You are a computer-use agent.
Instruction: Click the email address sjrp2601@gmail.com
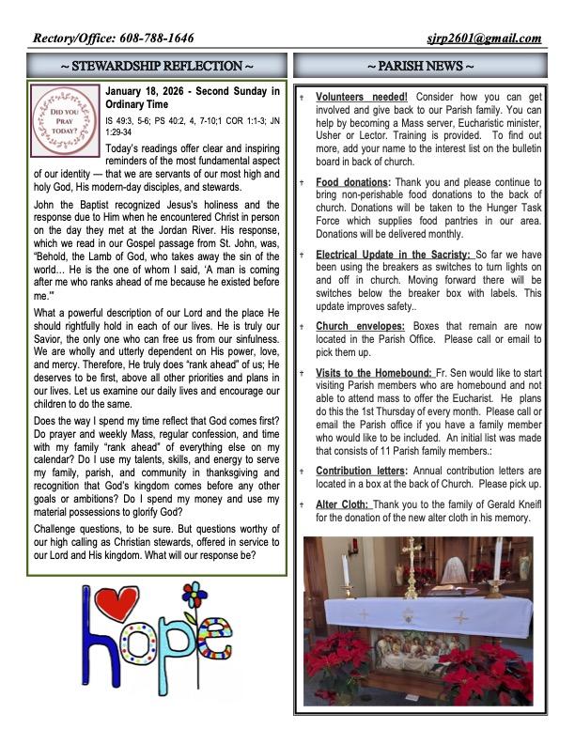tap(486, 39)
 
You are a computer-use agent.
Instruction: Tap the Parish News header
tap(419, 67)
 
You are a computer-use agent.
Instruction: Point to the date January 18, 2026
tap(154, 92)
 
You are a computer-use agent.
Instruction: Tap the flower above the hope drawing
tap(194, 597)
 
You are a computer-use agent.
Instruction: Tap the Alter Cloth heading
tap(343, 504)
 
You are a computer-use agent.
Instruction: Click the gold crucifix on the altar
tap(411, 566)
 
